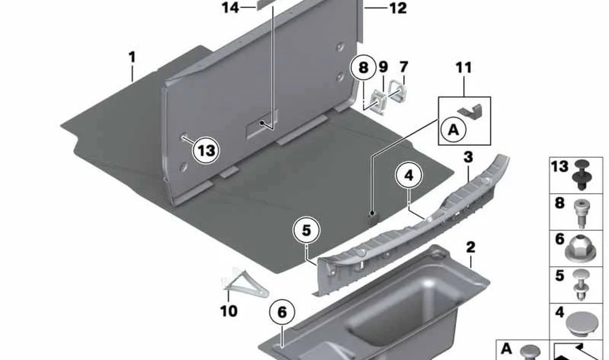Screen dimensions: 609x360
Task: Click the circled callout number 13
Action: click(x=206, y=150)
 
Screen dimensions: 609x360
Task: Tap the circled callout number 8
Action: click(x=363, y=67)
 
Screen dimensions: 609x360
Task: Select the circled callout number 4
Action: click(x=409, y=175)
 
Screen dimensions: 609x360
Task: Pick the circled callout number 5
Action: click(x=306, y=231)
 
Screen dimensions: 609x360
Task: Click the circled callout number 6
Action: click(x=282, y=312)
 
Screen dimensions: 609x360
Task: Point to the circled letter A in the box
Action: click(x=453, y=130)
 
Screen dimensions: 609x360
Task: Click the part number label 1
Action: click(x=132, y=57)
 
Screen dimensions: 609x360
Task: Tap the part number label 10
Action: click(x=229, y=311)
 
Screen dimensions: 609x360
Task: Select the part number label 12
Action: click(x=398, y=8)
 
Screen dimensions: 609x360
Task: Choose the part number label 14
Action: click(x=231, y=8)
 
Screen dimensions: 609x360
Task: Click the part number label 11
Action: click(x=464, y=68)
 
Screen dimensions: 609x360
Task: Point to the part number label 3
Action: click(x=468, y=157)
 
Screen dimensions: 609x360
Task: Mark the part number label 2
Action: click(x=470, y=247)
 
